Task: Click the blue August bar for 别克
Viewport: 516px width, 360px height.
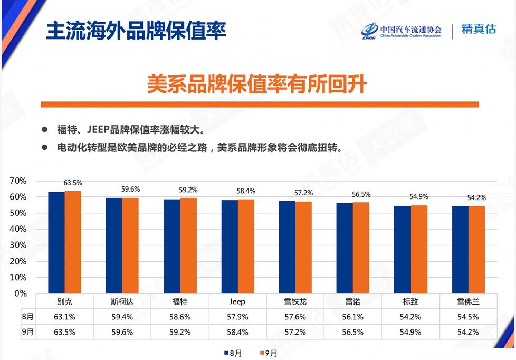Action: click(56, 242)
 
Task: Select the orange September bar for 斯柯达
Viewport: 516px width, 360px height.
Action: click(130, 245)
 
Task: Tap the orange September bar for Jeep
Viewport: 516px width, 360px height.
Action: click(246, 247)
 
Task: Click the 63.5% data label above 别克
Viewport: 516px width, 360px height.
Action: click(73, 183)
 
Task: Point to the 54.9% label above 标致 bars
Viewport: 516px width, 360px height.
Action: click(419, 196)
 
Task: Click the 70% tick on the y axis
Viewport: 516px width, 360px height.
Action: click(18, 181)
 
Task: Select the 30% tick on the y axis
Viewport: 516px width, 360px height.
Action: click(18, 245)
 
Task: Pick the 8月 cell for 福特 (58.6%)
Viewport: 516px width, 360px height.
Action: click(180, 317)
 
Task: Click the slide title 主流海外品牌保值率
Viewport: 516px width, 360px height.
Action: click(136, 31)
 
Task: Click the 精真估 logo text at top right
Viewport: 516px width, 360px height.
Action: click(479, 29)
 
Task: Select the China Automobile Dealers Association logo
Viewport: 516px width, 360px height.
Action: click(402, 31)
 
